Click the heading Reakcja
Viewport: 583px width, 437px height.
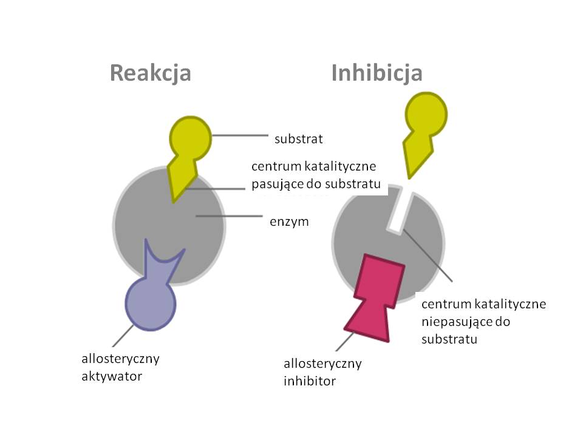pos(150,73)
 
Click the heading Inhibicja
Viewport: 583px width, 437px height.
pos(377,73)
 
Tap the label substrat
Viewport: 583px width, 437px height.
pos(298,139)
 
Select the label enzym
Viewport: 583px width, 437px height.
pos(289,222)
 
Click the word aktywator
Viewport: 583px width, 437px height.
pos(112,376)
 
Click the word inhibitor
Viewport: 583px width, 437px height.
pos(310,381)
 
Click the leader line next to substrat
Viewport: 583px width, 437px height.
pos(240,135)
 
